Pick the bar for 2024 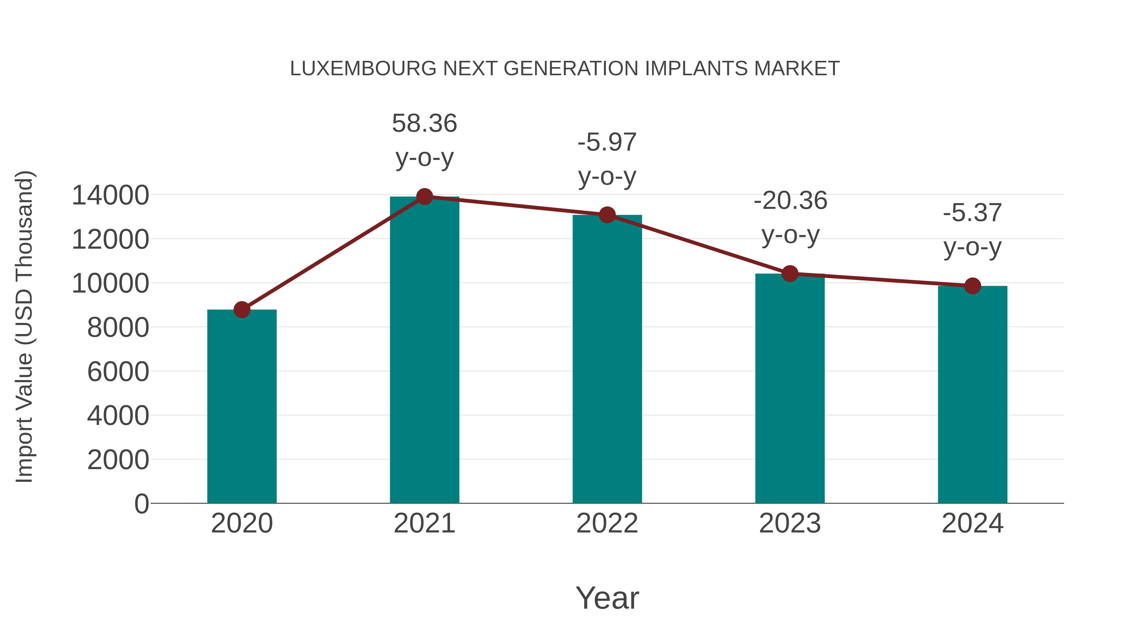point(972,394)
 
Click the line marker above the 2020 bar point(242,310)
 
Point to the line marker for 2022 point(607,215)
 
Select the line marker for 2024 point(972,286)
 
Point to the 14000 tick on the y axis point(110,195)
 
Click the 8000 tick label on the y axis point(118,327)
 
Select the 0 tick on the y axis point(141,504)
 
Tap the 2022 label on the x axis point(607,523)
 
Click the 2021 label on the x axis point(424,523)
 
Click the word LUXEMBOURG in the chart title point(363,69)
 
